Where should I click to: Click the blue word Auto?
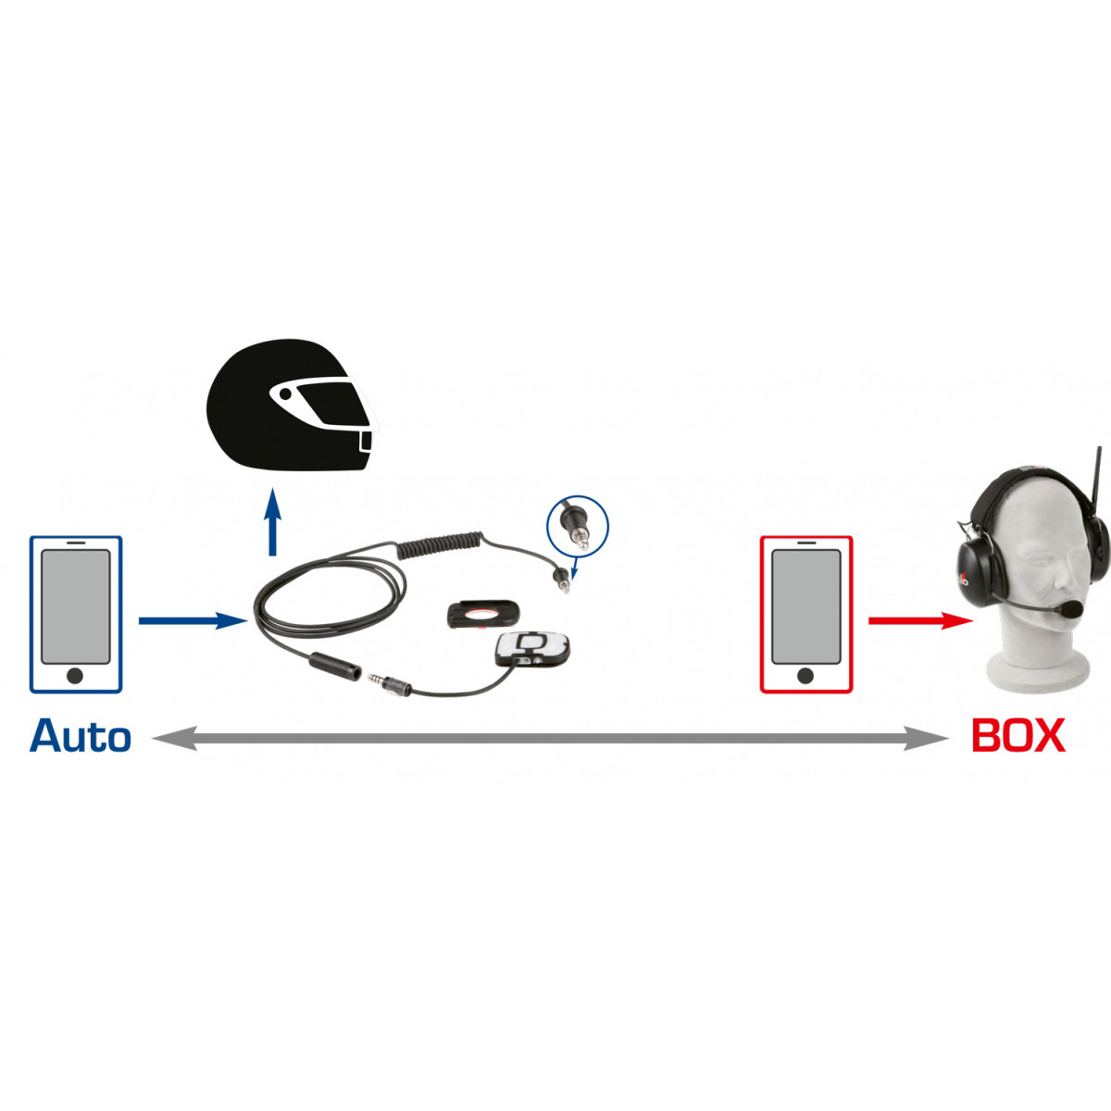[81, 735]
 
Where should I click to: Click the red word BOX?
[1018, 735]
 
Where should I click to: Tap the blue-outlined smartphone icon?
[76, 614]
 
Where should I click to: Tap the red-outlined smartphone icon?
[806, 614]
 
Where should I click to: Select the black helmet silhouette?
[291, 406]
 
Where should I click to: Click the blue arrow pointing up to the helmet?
[273, 522]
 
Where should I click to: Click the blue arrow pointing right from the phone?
[193, 620]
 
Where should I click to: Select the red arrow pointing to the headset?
[920, 620]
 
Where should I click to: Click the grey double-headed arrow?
[551, 738]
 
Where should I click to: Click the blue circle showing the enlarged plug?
[578, 526]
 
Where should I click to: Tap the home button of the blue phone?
[75, 675]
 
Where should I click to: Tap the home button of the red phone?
[805, 675]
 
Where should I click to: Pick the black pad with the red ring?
[483, 614]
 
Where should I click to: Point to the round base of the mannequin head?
[1038, 670]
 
